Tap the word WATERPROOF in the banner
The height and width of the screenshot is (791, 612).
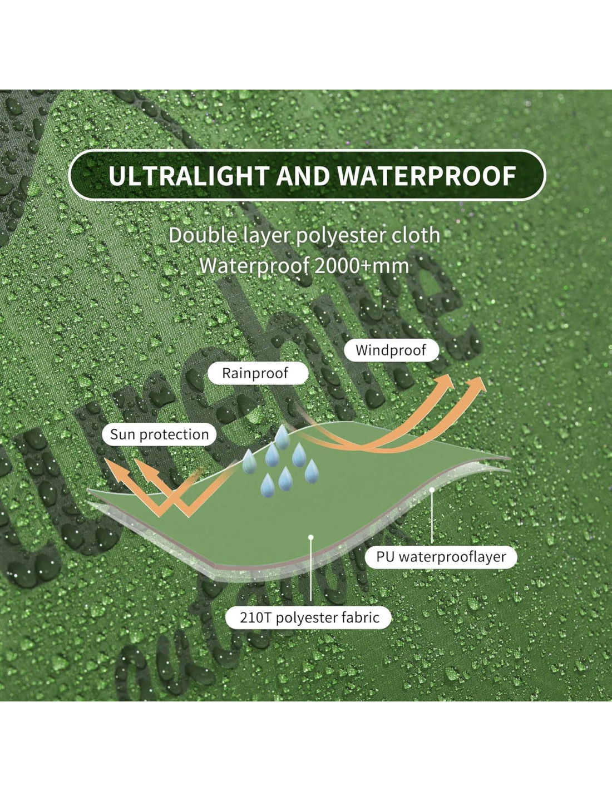pyautogui.click(x=426, y=176)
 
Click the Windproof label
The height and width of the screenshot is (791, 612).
pyautogui.click(x=391, y=350)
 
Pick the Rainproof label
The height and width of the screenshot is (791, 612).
pyautogui.click(x=255, y=373)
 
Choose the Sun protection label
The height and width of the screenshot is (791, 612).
pyautogui.click(x=159, y=434)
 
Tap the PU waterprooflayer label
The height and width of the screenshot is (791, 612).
pyautogui.click(x=441, y=557)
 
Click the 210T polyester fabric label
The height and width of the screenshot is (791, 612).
pyautogui.click(x=309, y=617)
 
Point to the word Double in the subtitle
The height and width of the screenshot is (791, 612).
pyautogui.click(x=203, y=235)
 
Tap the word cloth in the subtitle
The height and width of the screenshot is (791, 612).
pyautogui.click(x=416, y=235)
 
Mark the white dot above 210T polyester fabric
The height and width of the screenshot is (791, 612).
pyautogui.click(x=311, y=537)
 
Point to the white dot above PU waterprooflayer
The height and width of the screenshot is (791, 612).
pyautogui.click(x=432, y=490)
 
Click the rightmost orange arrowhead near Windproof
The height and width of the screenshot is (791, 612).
pyautogui.click(x=477, y=383)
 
